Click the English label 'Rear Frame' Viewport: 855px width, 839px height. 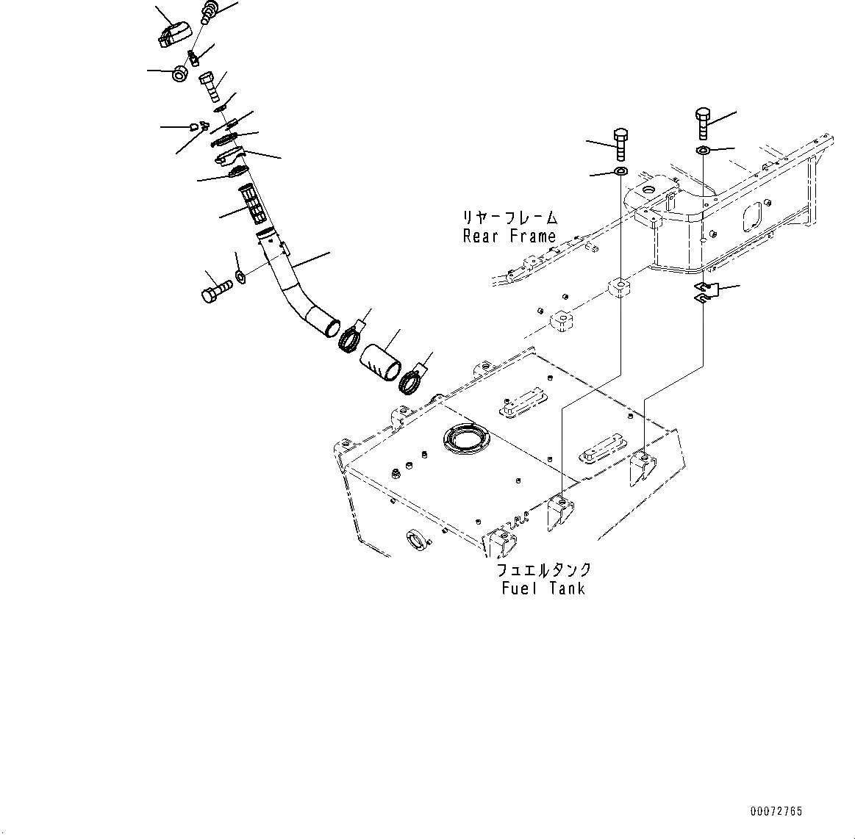pos(509,237)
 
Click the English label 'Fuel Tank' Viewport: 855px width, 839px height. pos(543,588)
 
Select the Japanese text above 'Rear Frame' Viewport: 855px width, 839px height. pos(509,218)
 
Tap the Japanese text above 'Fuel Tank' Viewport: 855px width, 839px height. pos(543,571)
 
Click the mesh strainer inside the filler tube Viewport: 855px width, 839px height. pos(253,204)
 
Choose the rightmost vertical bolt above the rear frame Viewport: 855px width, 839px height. pos(702,124)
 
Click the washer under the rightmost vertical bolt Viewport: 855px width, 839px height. pos(703,151)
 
